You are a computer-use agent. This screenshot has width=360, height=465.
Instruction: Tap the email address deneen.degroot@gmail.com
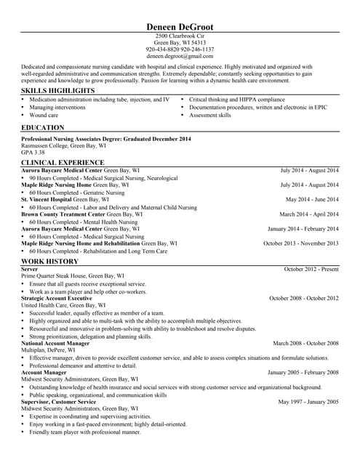click(180, 56)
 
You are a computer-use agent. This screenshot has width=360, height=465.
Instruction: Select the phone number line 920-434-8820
click(180, 49)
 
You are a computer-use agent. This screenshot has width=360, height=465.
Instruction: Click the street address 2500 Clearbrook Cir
click(180, 36)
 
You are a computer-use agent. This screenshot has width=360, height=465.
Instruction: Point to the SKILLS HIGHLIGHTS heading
click(58, 91)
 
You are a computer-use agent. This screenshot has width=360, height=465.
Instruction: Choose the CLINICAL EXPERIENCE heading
click(63, 162)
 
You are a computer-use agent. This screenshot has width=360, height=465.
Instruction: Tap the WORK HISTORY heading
click(49, 261)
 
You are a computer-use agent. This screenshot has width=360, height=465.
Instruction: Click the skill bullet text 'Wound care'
click(44, 115)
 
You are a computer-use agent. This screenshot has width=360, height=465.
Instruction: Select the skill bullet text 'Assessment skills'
click(210, 115)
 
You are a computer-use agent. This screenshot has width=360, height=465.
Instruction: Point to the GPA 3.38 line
click(33, 153)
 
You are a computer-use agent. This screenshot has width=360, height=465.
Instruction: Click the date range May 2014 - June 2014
click(312, 199)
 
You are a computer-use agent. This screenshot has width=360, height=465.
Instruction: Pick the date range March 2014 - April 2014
click(309, 214)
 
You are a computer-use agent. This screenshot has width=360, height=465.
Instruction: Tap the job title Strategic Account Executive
click(57, 299)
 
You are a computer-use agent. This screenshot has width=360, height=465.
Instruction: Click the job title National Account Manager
click(55, 343)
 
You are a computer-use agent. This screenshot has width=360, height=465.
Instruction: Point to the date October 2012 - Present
click(311, 269)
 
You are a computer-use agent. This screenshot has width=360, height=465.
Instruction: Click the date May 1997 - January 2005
click(308, 402)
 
